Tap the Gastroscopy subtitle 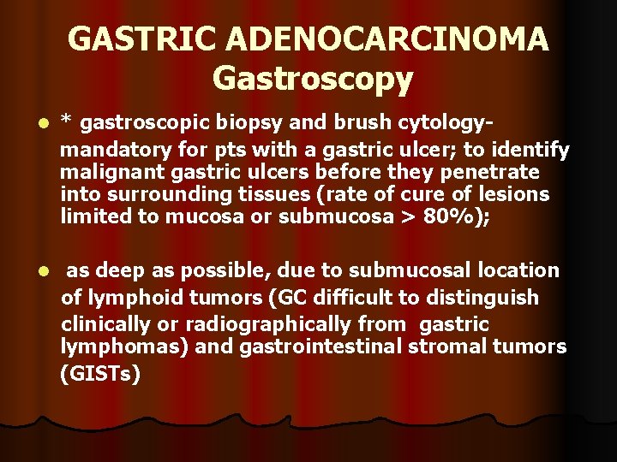tap(313, 79)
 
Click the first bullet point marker tap(32, 125)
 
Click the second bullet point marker tap(32, 272)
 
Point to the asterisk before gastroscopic tap(65, 124)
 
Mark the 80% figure tap(451, 216)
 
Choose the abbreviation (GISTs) tap(100, 374)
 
